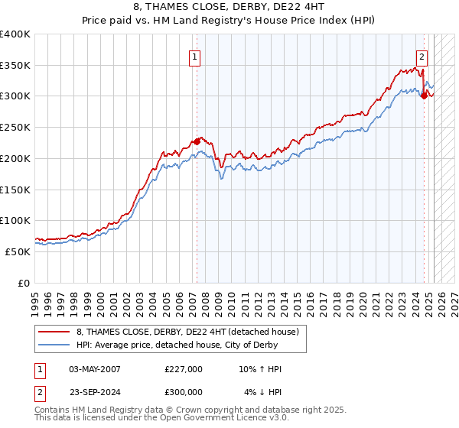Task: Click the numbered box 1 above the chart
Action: pos(195,56)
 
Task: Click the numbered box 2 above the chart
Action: pos(422,56)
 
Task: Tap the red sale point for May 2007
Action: pos(197,141)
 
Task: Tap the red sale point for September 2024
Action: pos(424,96)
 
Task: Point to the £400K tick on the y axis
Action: pos(15,34)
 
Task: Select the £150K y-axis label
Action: pos(15,190)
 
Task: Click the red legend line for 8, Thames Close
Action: pos(55,332)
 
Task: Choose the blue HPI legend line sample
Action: pos(55,345)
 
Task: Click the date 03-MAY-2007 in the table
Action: pos(95,369)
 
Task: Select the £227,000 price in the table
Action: pos(184,369)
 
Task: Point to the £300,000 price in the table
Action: pos(184,392)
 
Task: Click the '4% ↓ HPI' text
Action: pos(264,392)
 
